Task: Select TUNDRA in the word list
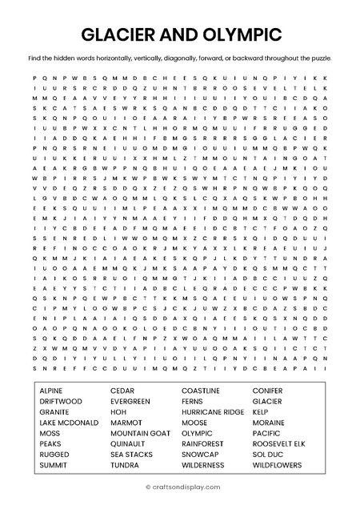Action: click(x=125, y=464)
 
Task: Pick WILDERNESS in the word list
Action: click(x=203, y=464)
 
